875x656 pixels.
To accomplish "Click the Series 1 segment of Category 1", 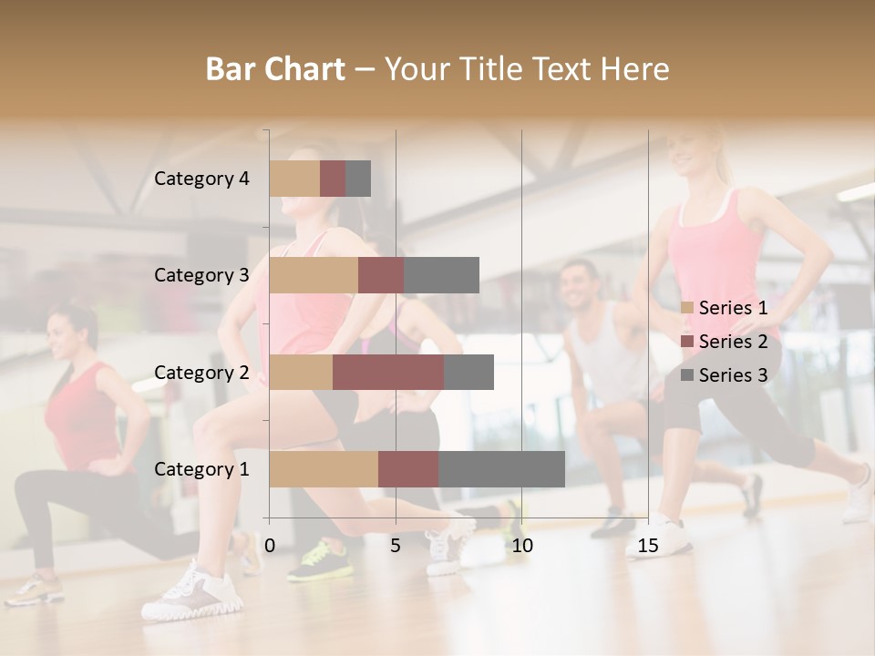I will [324, 469].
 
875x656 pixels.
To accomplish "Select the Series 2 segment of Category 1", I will [408, 469].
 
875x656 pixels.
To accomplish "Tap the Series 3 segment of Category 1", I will [501, 469].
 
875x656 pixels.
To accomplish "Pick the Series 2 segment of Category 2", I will [388, 372].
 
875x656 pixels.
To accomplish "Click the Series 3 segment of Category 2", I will [468, 372].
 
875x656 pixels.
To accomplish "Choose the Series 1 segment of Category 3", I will [314, 275].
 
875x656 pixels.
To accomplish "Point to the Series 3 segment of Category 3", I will [441, 275].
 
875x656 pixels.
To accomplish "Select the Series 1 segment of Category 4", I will [294, 179].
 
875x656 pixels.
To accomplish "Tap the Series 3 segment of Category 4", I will [358, 179].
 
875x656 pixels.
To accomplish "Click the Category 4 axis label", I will [201, 179].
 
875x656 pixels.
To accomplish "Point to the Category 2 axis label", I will [201, 372].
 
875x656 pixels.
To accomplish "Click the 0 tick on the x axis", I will [270, 546].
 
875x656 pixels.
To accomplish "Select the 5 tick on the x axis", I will [396, 546].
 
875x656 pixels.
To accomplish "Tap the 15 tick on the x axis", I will [648, 546].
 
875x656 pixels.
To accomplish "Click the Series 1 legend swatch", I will [687, 308].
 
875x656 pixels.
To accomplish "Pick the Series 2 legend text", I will [733, 342].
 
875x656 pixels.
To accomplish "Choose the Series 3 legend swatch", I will [687, 375].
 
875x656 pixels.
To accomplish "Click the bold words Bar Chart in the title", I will [275, 69].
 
